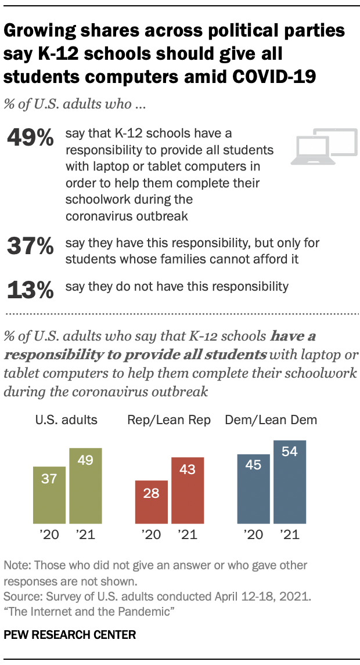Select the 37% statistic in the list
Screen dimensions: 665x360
click(x=30, y=247)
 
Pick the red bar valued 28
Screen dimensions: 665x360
click(x=152, y=501)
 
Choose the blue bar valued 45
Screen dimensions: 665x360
click(x=254, y=488)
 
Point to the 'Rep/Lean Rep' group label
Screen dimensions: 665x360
click(x=170, y=420)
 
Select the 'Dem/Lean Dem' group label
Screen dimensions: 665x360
click(x=271, y=420)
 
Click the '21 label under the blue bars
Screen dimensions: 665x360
click(x=290, y=534)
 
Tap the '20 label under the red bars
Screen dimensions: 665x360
click(x=152, y=534)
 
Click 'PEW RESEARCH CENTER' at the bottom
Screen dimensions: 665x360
click(x=70, y=635)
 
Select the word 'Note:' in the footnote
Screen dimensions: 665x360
click(x=17, y=565)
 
